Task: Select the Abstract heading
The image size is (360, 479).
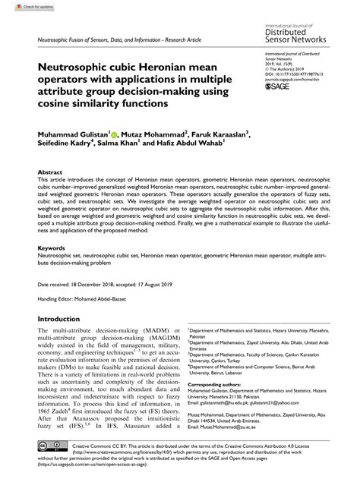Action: point(50,173)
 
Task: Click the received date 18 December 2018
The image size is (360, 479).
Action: point(106,283)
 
